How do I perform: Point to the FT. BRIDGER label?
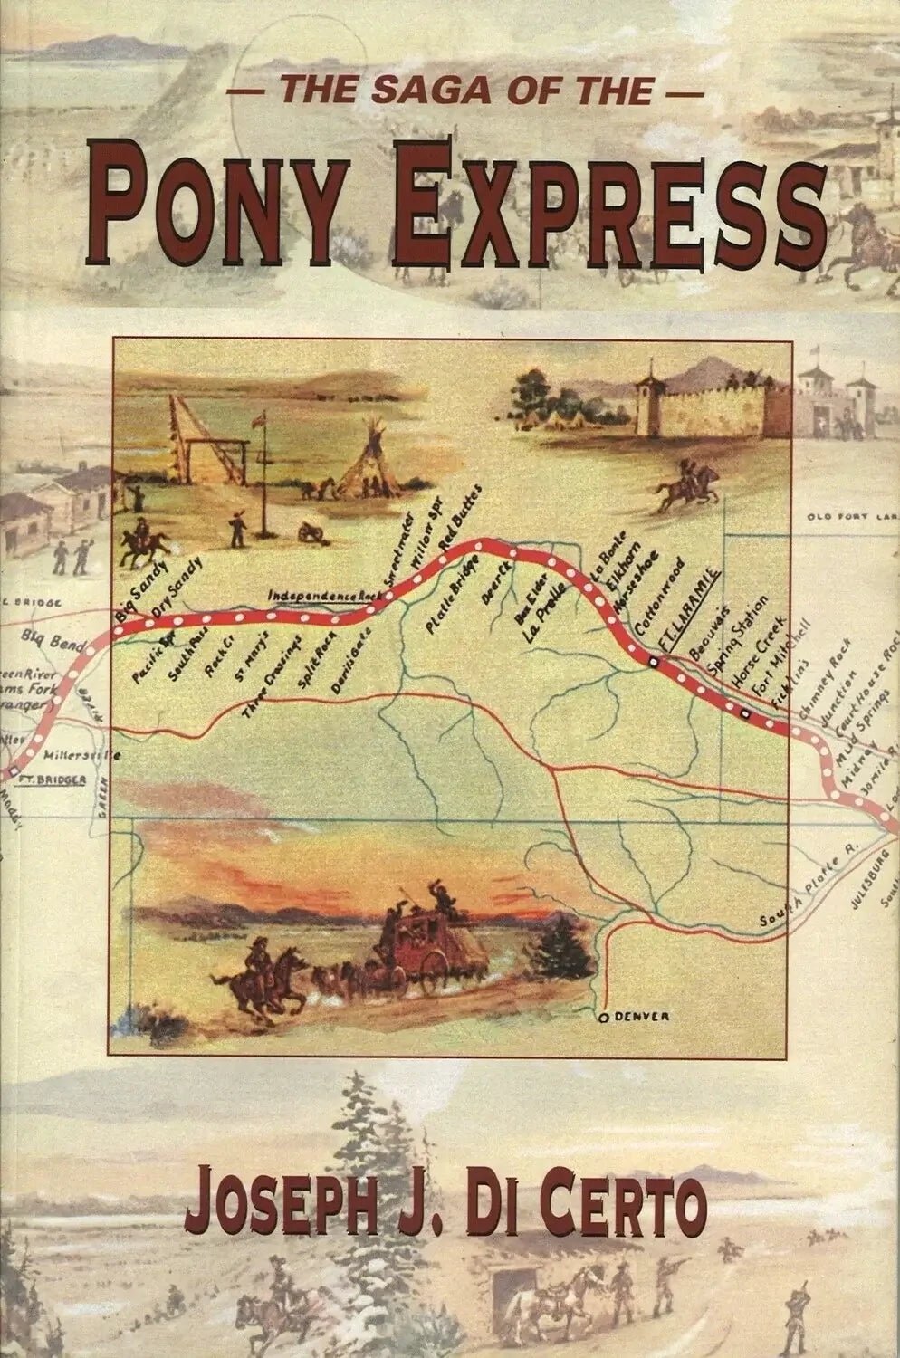click(x=55, y=778)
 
